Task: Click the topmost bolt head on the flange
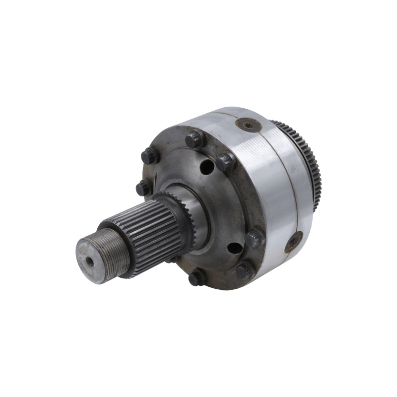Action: coord(194,138)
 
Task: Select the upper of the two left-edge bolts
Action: coord(149,156)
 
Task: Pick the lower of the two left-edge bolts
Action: coord(143,188)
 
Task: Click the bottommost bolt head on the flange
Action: coord(197,278)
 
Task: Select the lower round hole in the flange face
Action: coord(234,248)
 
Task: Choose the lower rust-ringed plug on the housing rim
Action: coord(294,241)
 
